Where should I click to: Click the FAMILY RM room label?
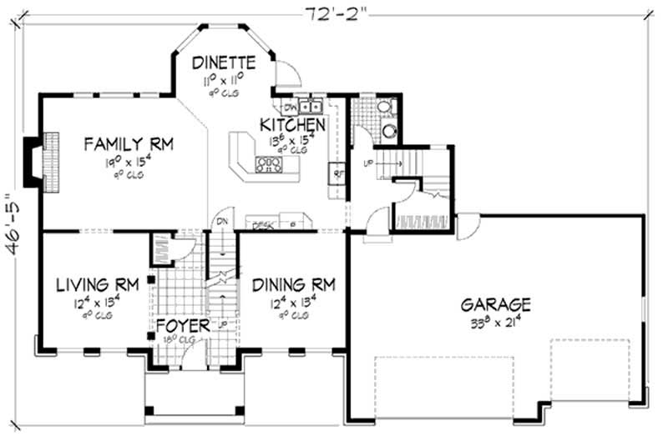(x=128, y=144)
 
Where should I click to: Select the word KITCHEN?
(x=292, y=124)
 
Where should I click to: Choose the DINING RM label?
(x=293, y=285)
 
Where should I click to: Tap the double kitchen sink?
(x=312, y=106)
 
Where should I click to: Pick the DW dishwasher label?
(x=290, y=107)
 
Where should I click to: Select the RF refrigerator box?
(x=337, y=175)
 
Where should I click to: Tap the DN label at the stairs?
(x=222, y=221)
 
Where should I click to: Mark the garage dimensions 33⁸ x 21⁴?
(x=495, y=321)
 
